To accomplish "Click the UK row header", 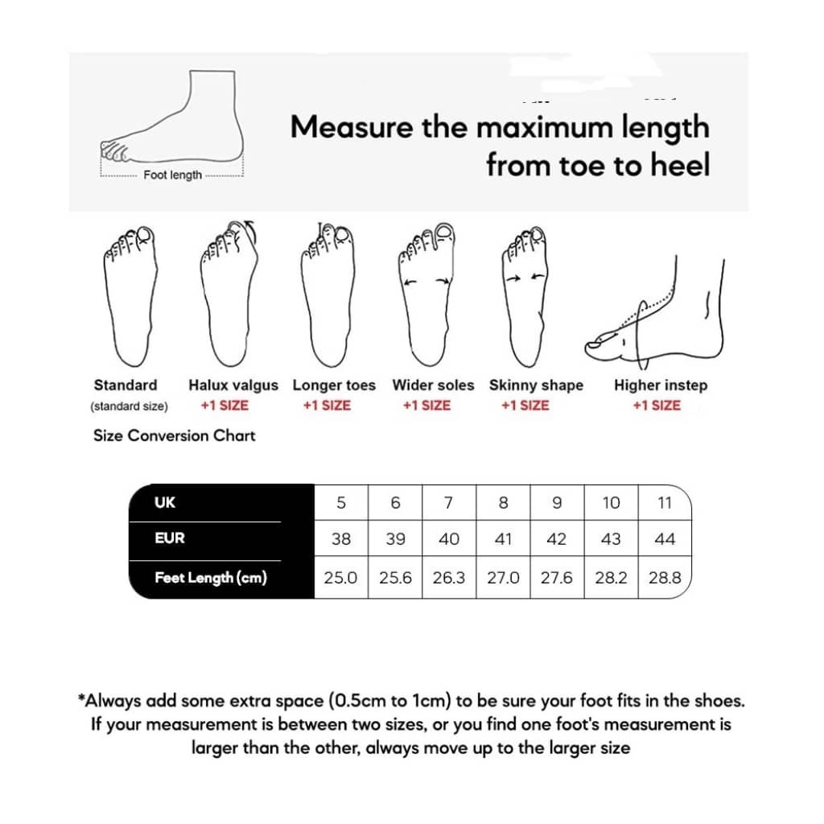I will (x=165, y=502).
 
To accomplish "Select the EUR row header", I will (x=170, y=538).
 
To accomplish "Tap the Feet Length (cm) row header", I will (x=210, y=578).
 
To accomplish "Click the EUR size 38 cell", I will (x=341, y=539).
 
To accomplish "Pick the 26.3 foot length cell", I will (x=449, y=578).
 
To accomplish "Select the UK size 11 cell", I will (x=665, y=503).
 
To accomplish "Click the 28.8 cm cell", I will (x=665, y=578).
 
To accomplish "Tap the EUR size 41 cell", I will (x=503, y=539).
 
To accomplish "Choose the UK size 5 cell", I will (x=341, y=503).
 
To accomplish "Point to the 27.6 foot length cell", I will (x=557, y=578).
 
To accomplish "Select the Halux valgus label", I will (x=233, y=385).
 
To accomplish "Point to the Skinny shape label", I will (x=536, y=385).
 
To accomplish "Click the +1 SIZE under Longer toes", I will (x=327, y=406).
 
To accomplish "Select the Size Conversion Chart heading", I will (x=175, y=436).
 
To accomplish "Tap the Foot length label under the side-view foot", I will (x=172, y=175).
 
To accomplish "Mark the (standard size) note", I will (x=130, y=406).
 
